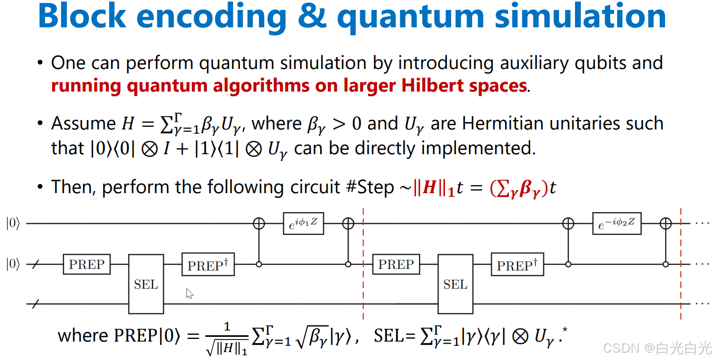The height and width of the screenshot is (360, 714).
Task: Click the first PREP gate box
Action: coord(86,264)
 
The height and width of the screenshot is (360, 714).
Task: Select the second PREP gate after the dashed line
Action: coord(396,264)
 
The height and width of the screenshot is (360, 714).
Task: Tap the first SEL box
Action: coord(146,284)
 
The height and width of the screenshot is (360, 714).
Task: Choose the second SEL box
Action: coord(455,284)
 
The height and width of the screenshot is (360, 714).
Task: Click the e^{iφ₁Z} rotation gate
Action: coord(303,224)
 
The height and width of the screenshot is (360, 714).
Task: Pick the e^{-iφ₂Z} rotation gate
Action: coord(617,224)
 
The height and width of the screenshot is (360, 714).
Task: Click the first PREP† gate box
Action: coord(207,265)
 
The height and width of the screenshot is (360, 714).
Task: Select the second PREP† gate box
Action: coord(517,265)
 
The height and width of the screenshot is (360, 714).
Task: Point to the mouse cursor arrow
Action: coord(190,294)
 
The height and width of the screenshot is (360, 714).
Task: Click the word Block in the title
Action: coord(82,17)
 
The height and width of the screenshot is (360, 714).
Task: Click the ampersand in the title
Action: coord(311,17)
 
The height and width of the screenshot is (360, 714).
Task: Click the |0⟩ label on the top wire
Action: coord(13,224)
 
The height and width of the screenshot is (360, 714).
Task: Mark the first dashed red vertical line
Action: coord(363,263)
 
